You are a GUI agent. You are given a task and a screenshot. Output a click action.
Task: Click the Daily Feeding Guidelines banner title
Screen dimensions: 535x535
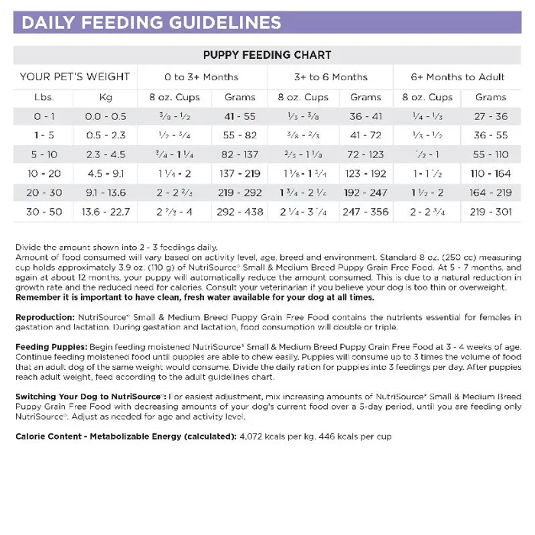(x=151, y=21)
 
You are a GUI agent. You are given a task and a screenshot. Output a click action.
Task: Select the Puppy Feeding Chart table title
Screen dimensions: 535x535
(x=267, y=55)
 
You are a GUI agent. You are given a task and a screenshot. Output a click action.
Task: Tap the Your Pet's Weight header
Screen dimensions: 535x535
(x=75, y=77)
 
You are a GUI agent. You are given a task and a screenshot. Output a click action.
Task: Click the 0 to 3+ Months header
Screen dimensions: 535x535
(x=201, y=77)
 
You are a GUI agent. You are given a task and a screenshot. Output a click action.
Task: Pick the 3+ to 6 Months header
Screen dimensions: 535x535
(x=330, y=77)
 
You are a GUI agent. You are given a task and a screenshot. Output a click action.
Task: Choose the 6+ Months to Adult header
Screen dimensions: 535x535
(x=457, y=77)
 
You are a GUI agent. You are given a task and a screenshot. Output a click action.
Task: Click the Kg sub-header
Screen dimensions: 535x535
(x=105, y=97)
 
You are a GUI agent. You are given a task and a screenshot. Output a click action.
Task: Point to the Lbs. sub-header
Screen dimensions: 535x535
(x=44, y=97)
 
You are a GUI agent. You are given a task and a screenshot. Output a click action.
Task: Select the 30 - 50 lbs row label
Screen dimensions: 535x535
(x=44, y=211)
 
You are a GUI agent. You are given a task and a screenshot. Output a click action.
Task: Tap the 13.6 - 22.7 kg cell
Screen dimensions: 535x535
(x=106, y=211)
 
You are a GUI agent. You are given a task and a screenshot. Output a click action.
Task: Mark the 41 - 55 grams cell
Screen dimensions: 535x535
(x=239, y=116)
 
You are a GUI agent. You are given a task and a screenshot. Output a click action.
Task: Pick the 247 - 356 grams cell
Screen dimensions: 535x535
(x=365, y=211)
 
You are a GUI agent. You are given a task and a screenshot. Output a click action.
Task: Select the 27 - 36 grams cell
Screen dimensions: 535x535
(x=490, y=116)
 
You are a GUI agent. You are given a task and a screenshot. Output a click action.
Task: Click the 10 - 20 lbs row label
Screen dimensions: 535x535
(x=44, y=173)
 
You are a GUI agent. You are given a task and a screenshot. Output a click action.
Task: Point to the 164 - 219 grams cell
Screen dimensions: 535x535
(x=490, y=193)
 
